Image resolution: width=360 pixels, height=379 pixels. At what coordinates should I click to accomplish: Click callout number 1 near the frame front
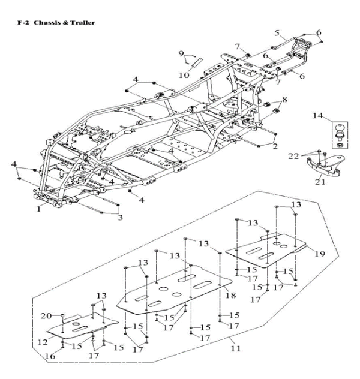40,209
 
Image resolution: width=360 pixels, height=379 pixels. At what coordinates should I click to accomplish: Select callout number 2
275,146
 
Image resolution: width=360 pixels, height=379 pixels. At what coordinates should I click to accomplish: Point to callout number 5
277,32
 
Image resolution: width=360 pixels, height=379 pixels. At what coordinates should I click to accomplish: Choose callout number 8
284,100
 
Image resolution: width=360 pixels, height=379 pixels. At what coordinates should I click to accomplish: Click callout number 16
50,357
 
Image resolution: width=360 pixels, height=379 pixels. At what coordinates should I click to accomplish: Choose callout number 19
319,254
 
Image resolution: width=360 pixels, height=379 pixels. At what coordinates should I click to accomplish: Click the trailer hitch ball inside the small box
338,132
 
